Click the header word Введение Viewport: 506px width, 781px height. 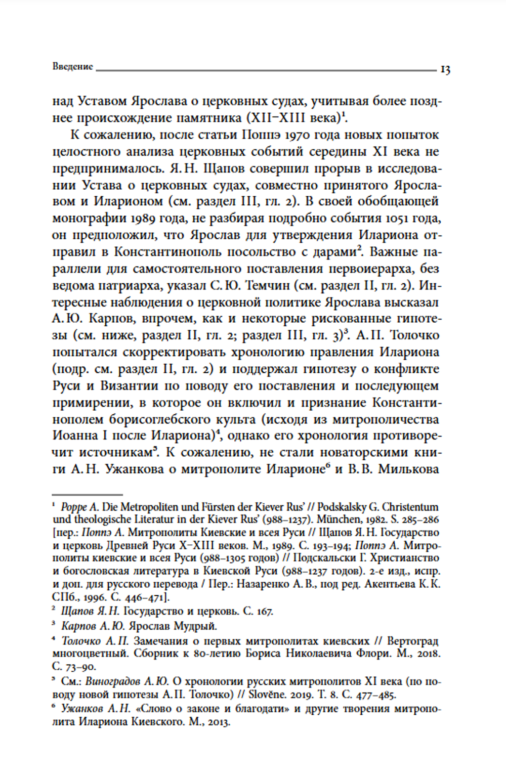73,67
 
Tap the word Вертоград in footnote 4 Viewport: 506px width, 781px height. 413,641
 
